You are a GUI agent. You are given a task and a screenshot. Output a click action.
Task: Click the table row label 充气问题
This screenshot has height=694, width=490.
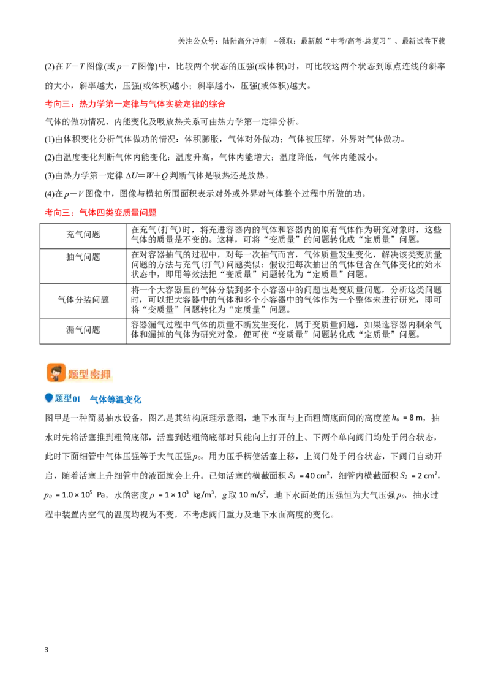[83, 235]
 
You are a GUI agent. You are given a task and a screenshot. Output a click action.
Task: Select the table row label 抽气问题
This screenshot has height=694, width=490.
[83, 257]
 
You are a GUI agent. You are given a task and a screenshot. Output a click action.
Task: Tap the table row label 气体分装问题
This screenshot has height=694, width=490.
[83, 300]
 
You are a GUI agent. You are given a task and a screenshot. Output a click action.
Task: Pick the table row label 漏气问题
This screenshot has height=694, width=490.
[83, 330]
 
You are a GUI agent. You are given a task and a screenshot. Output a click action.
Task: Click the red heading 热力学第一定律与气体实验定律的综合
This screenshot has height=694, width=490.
[152, 104]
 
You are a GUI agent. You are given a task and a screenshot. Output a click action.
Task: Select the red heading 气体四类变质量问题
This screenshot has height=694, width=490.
[118, 213]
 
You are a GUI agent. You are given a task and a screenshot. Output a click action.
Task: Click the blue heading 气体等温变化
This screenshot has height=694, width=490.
[115, 400]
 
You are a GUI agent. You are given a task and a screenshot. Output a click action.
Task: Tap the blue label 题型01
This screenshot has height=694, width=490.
[67, 398]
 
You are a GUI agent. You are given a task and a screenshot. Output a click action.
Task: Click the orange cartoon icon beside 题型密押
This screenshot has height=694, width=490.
[56, 373]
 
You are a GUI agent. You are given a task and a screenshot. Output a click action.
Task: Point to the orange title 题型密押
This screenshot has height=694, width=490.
[89, 375]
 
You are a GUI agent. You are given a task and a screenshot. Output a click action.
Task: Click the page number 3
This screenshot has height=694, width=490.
[47, 650]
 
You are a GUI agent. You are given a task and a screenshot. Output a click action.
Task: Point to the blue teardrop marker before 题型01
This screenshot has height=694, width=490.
[49, 398]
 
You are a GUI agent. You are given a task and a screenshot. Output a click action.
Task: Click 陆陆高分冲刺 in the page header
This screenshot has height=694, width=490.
[244, 41]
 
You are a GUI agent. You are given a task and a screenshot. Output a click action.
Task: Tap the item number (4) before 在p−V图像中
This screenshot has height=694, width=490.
[50, 194]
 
